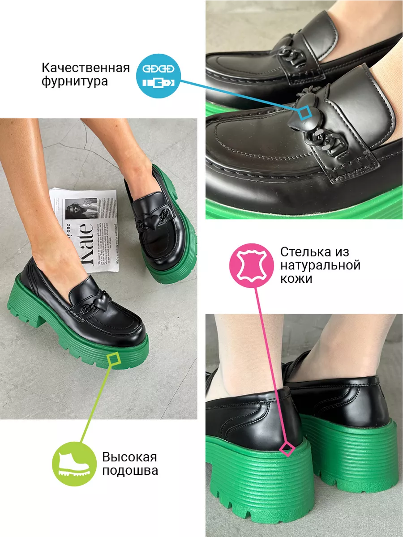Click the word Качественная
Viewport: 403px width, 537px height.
pyautogui.click(x=86, y=68)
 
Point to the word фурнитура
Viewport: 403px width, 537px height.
pyautogui.click(x=75, y=82)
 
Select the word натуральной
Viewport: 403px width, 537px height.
pyautogui.click(x=320, y=265)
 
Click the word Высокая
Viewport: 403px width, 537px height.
pyautogui.click(x=129, y=457)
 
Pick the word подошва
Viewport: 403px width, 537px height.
pyautogui.click(x=130, y=471)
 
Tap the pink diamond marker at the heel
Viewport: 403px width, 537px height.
pyautogui.click(x=287, y=448)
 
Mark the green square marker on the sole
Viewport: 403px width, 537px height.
pyautogui.click(x=115, y=358)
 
